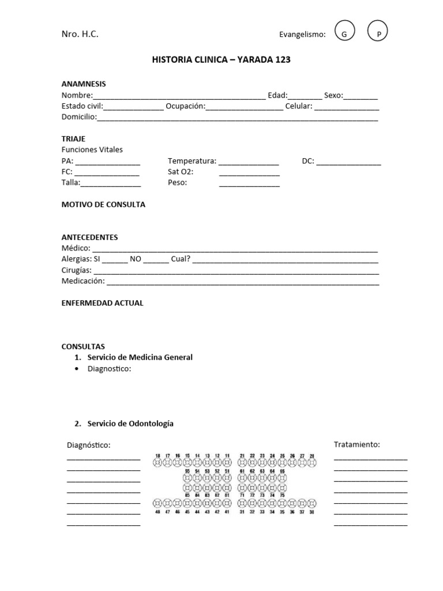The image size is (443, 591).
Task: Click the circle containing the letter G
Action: pyautogui.click(x=344, y=34)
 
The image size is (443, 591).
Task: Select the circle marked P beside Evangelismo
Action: pyautogui.click(x=378, y=34)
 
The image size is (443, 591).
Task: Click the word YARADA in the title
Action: pyautogui.click(x=254, y=59)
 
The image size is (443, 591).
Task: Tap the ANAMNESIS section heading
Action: pyautogui.click(x=84, y=84)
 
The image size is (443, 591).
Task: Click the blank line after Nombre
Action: pyautogui.click(x=179, y=96)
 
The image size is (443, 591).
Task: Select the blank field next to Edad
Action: pyautogui.click(x=305, y=96)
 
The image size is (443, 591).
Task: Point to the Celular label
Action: pyautogui.click(x=298, y=106)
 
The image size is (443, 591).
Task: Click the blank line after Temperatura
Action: pyautogui.click(x=248, y=162)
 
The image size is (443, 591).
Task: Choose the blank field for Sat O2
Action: pyautogui.click(x=249, y=173)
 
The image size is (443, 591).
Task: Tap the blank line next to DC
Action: pyautogui.click(x=348, y=162)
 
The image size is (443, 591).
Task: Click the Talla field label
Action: pyautogui.click(x=70, y=183)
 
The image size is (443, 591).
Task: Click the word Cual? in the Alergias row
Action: pyautogui.click(x=181, y=259)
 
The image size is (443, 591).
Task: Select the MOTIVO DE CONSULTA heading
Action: pyautogui.click(x=103, y=204)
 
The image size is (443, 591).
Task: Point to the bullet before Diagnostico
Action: pyautogui.click(x=77, y=369)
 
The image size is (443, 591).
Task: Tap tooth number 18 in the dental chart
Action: pyautogui.click(x=157, y=462)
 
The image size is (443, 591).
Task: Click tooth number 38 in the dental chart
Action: pyautogui.click(x=311, y=503)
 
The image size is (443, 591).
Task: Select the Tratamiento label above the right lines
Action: pyautogui.click(x=356, y=444)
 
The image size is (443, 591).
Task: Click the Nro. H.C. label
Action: pyautogui.click(x=80, y=34)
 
